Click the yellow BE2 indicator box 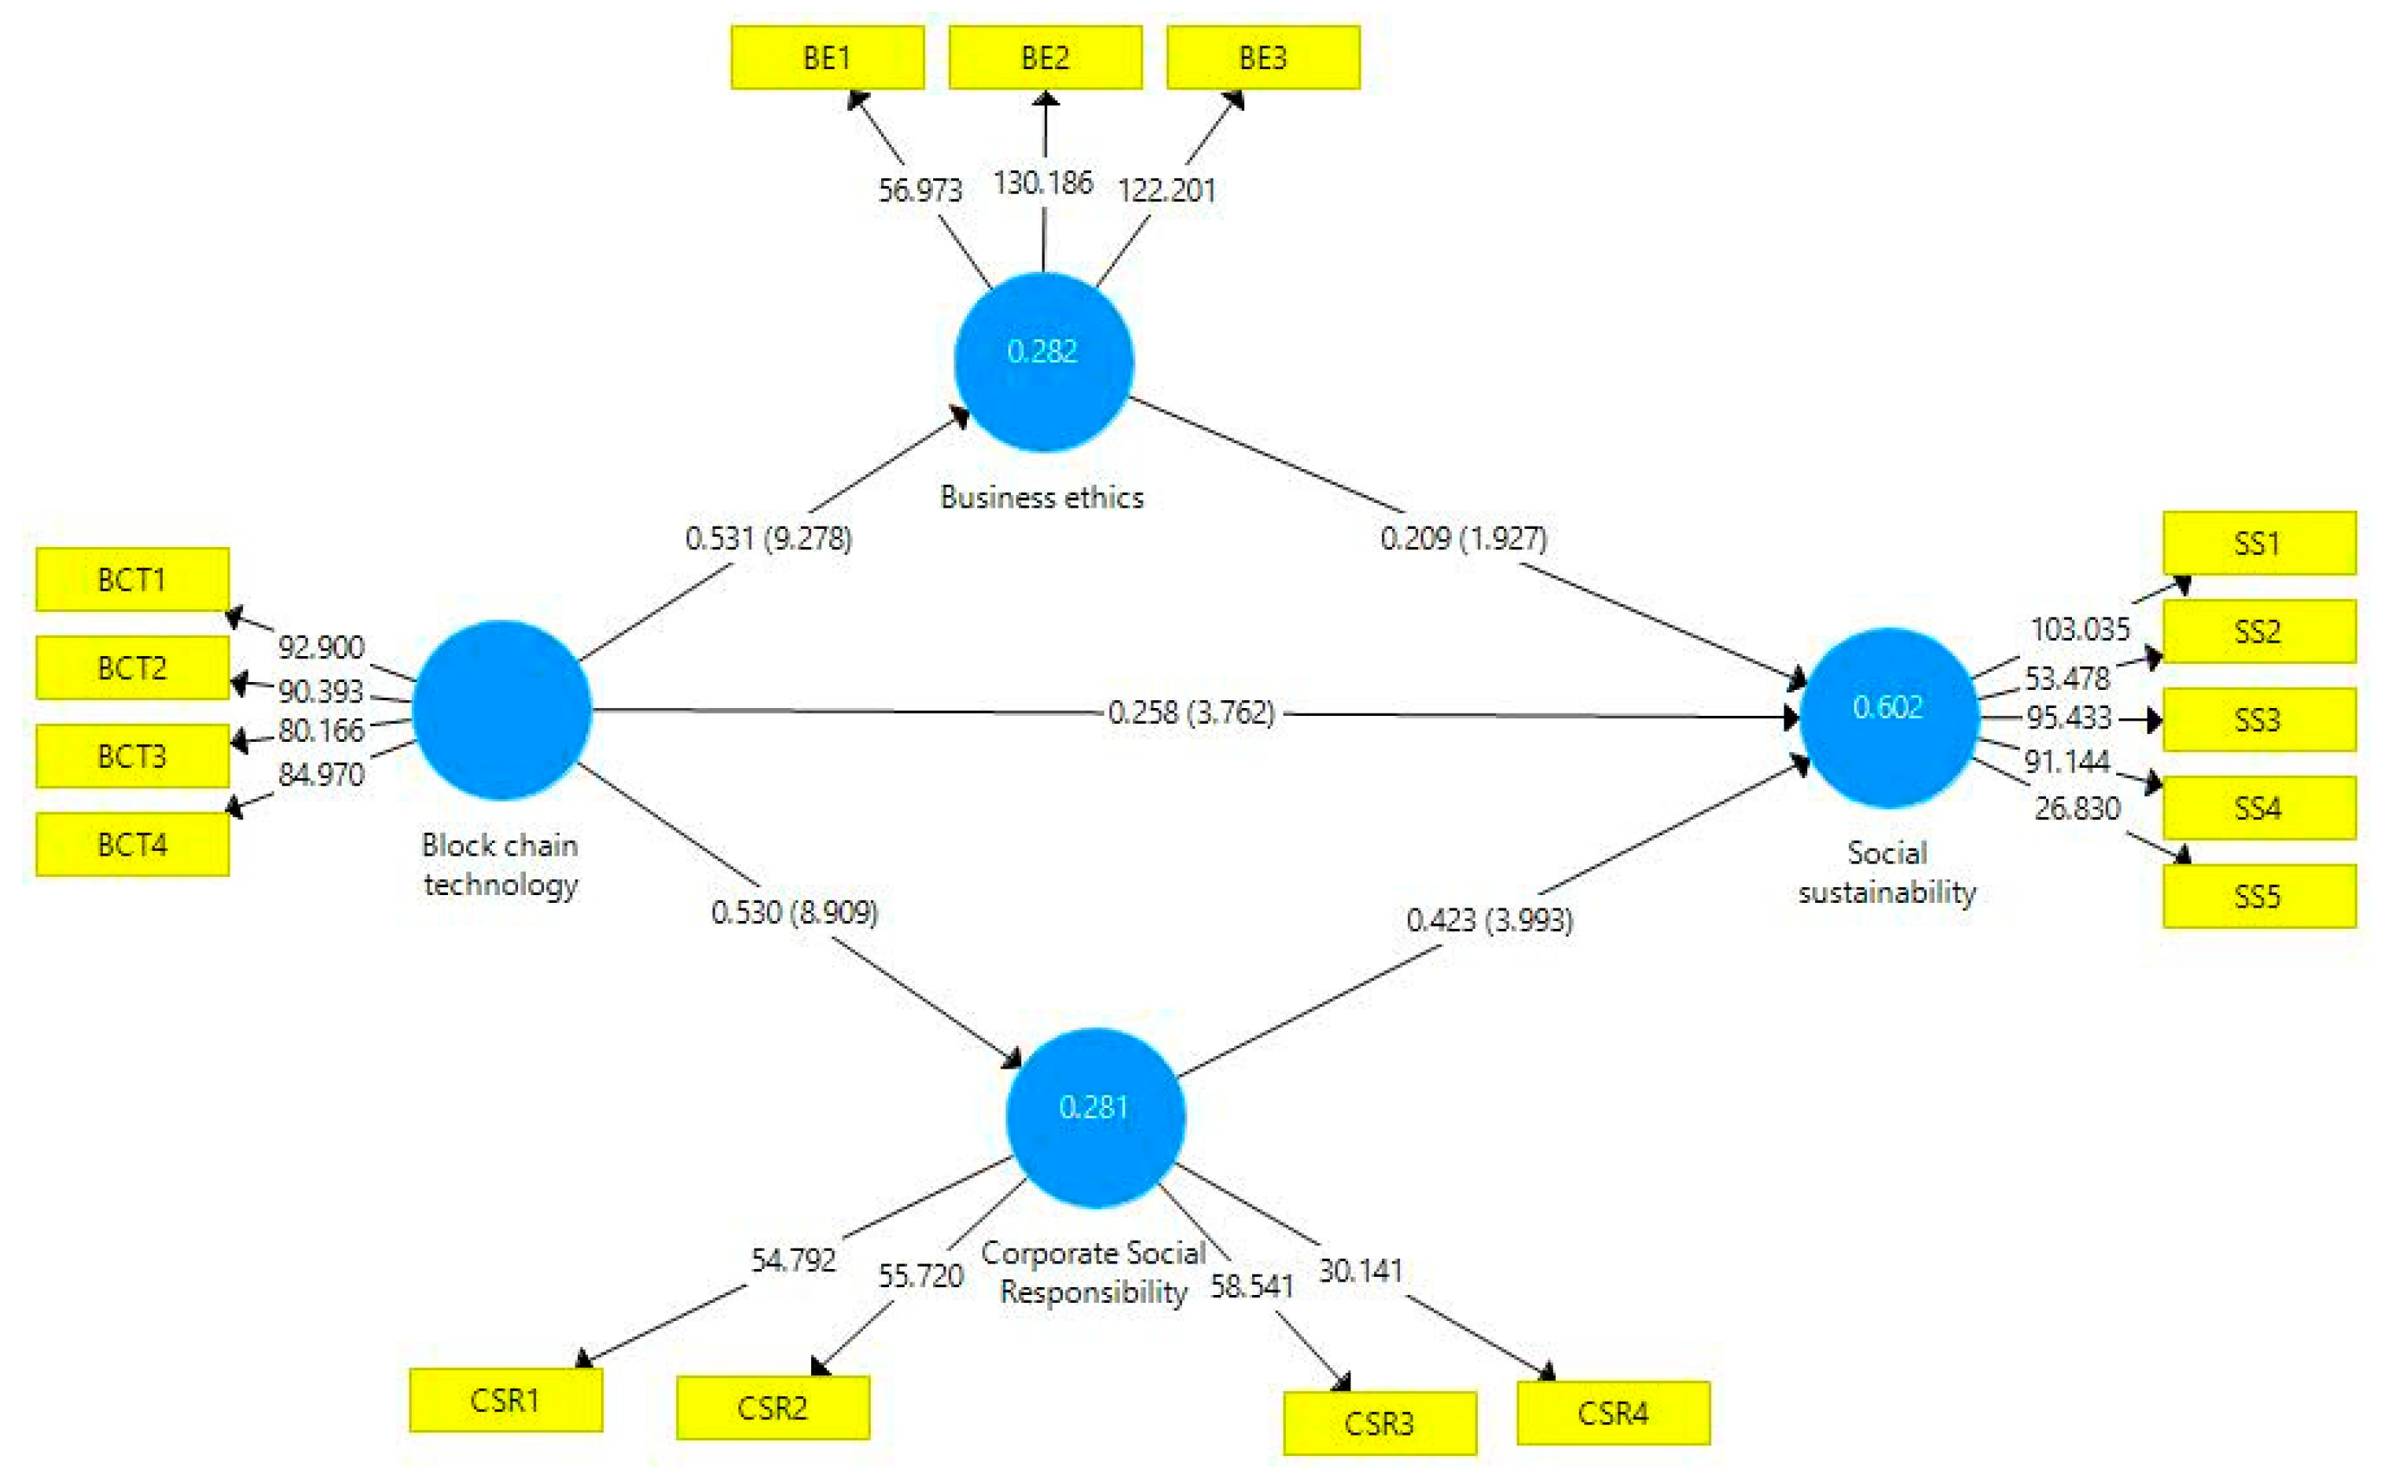coord(1045,58)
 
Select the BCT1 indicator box coord(132,579)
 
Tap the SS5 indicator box coord(2258,896)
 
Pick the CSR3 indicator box coord(1380,1423)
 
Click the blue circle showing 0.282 coord(1043,361)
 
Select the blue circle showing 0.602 coord(1888,717)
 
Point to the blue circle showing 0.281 coord(1095,1117)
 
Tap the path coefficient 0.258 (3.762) coord(1191,713)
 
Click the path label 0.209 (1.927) coord(1464,538)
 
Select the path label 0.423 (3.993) coord(1489,919)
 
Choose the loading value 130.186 coord(1043,182)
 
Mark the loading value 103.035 coord(2080,629)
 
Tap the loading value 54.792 coord(793,1260)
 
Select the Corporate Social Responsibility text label coord(1093,1272)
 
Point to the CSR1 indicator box coord(506,1400)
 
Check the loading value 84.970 coord(321,774)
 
